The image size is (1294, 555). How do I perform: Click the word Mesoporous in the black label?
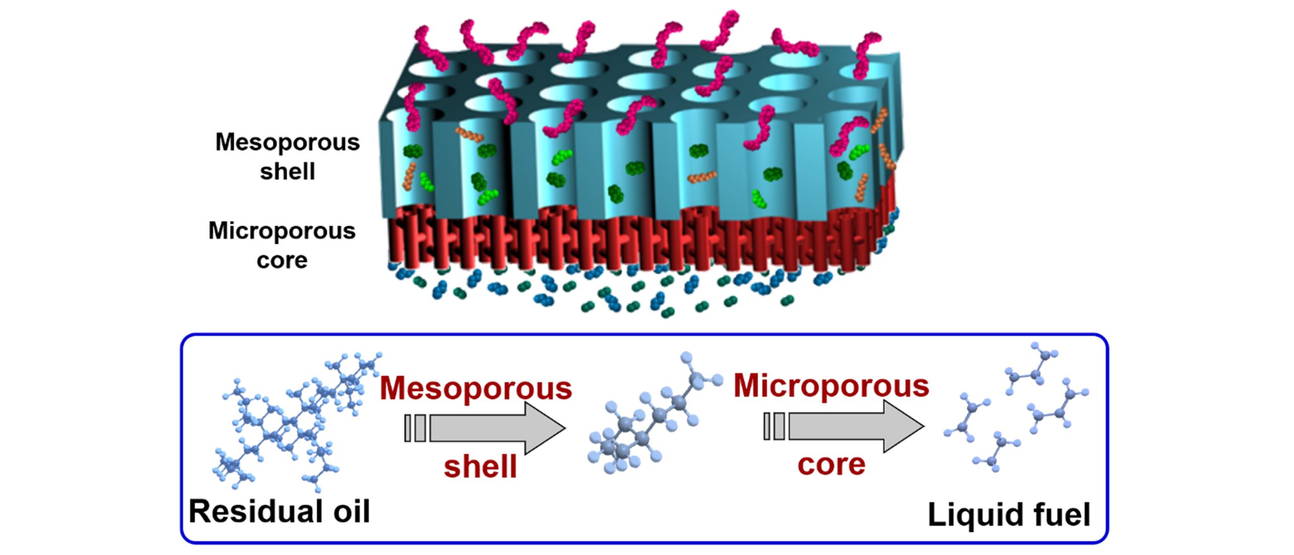coord(287,143)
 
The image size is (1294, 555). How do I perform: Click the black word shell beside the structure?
coord(287,172)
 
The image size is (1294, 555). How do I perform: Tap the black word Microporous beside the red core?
coord(282,231)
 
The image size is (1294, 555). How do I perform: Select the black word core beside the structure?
coord(282,260)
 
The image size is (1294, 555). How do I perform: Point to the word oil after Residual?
coord(347,512)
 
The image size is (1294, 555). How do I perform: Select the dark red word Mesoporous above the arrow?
coord(476,389)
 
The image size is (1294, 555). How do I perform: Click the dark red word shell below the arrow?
coord(480,466)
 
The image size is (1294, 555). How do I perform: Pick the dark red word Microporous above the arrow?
coord(831,386)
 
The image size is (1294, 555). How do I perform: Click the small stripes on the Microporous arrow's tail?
coord(774,427)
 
